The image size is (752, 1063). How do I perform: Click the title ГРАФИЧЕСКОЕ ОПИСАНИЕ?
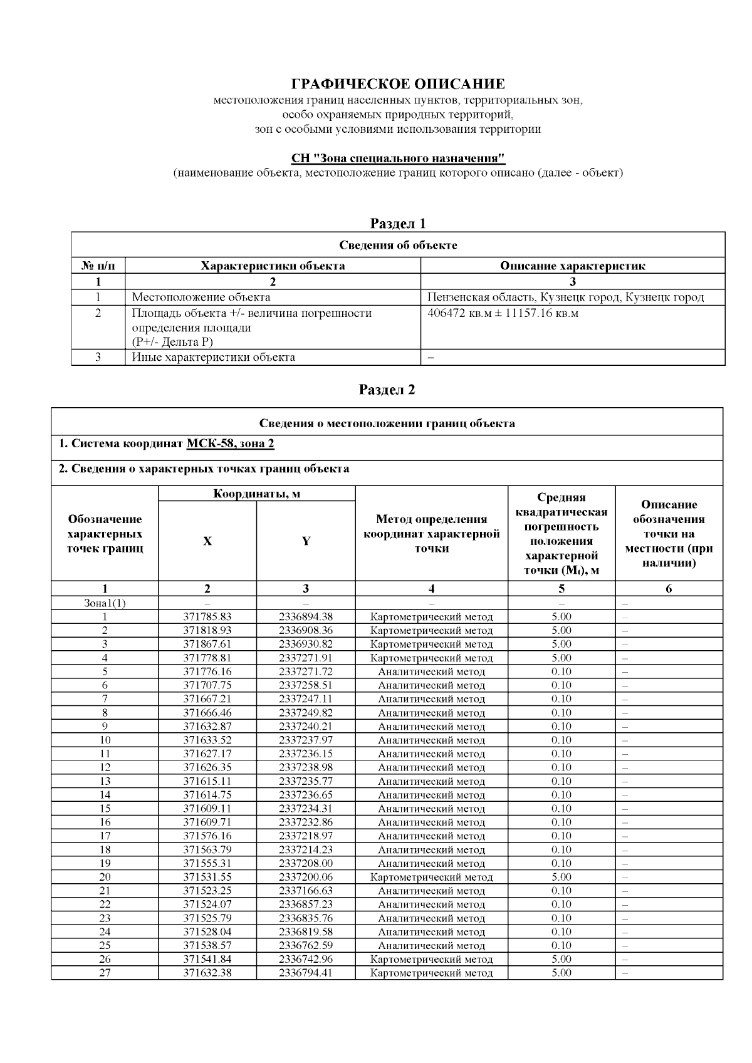(x=398, y=84)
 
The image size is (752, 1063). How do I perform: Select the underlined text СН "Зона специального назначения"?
(x=398, y=158)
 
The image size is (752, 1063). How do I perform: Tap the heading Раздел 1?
(x=398, y=223)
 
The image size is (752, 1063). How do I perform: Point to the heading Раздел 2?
(x=387, y=390)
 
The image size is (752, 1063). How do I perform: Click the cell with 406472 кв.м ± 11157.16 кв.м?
(x=503, y=313)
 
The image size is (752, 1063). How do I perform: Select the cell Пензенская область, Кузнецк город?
(x=565, y=298)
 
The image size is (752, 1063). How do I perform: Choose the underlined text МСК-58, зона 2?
(x=230, y=443)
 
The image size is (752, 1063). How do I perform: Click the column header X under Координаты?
(x=207, y=541)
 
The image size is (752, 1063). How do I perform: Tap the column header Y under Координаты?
(x=306, y=541)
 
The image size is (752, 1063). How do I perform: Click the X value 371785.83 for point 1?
(x=207, y=616)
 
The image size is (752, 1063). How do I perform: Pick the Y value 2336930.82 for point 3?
(x=306, y=644)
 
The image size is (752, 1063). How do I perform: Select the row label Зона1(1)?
(x=105, y=603)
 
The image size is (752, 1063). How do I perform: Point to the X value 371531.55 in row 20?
(x=207, y=877)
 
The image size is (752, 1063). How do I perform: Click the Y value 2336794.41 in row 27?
(x=306, y=973)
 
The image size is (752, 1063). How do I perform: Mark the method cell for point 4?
(x=431, y=658)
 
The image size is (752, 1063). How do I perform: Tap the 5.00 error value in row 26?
(x=561, y=959)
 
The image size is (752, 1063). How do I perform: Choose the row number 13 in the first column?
(x=105, y=781)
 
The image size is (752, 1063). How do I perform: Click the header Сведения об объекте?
(x=398, y=245)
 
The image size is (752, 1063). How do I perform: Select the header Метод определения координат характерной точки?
(x=431, y=534)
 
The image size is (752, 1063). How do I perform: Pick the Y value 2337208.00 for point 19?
(x=306, y=863)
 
